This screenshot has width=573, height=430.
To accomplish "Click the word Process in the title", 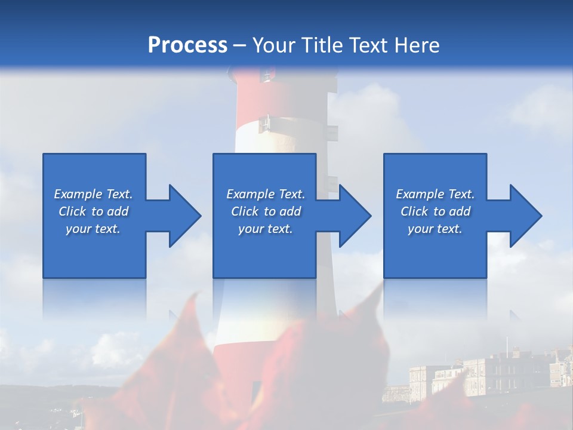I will tap(187, 45).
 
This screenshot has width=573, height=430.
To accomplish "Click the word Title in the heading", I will tap(320, 45).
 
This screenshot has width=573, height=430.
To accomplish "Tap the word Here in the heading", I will tap(416, 45).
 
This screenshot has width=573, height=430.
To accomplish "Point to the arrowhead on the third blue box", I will tap(525, 216).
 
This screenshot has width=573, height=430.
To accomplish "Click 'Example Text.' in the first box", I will tap(93, 194).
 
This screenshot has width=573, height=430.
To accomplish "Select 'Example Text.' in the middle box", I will tap(266, 194).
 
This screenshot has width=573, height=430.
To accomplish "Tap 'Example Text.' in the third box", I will tap(435, 194).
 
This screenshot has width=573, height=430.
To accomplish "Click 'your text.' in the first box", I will tap(93, 229).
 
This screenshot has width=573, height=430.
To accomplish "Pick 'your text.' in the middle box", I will tap(266, 229).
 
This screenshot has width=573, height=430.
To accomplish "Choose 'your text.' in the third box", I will tap(435, 229).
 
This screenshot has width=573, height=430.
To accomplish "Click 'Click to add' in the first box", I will tap(93, 211).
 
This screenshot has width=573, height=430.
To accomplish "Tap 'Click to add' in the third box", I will tap(435, 211).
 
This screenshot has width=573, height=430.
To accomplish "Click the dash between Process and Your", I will tap(240, 45).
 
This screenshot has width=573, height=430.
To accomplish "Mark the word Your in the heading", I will tap(274, 45).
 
